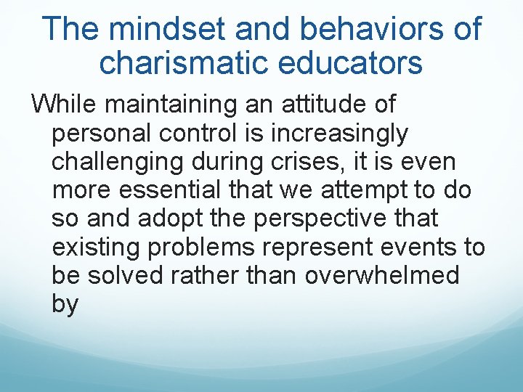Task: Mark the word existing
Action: click(96, 247)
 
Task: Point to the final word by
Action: click(65, 305)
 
